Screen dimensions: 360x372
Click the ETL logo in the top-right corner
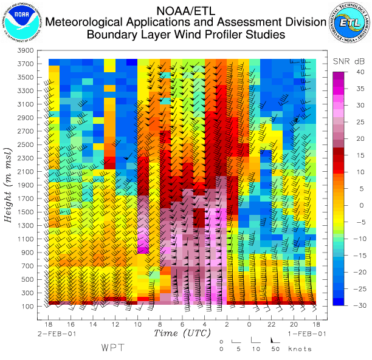click(x=350, y=22)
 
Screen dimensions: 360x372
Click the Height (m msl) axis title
click(x=9, y=184)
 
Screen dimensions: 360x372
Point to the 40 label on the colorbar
click(x=359, y=72)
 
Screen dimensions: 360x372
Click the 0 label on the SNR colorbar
click(x=361, y=205)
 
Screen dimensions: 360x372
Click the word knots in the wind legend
click(x=300, y=349)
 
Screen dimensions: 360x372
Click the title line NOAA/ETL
click(x=185, y=10)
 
